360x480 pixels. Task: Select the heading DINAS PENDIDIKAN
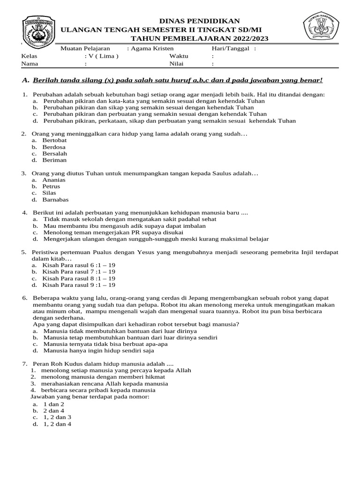click(200, 21)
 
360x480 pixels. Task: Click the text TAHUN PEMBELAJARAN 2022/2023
click(200, 38)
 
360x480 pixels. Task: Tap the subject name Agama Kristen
click(152, 48)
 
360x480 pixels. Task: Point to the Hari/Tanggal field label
click(228, 48)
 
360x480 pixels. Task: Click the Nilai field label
click(176, 64)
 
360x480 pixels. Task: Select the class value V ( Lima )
click(98, 56)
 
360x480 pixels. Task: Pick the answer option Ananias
click(54, 180)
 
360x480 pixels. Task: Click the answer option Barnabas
click(55, 199)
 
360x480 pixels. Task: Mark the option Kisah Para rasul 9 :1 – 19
click(79, 285)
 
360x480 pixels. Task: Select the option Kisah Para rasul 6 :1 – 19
click(79, 265)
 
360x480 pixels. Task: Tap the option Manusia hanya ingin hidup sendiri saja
click(98, 350)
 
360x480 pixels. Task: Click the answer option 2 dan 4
click(54, 411)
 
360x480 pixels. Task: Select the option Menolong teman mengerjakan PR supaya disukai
click(113, 232)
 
